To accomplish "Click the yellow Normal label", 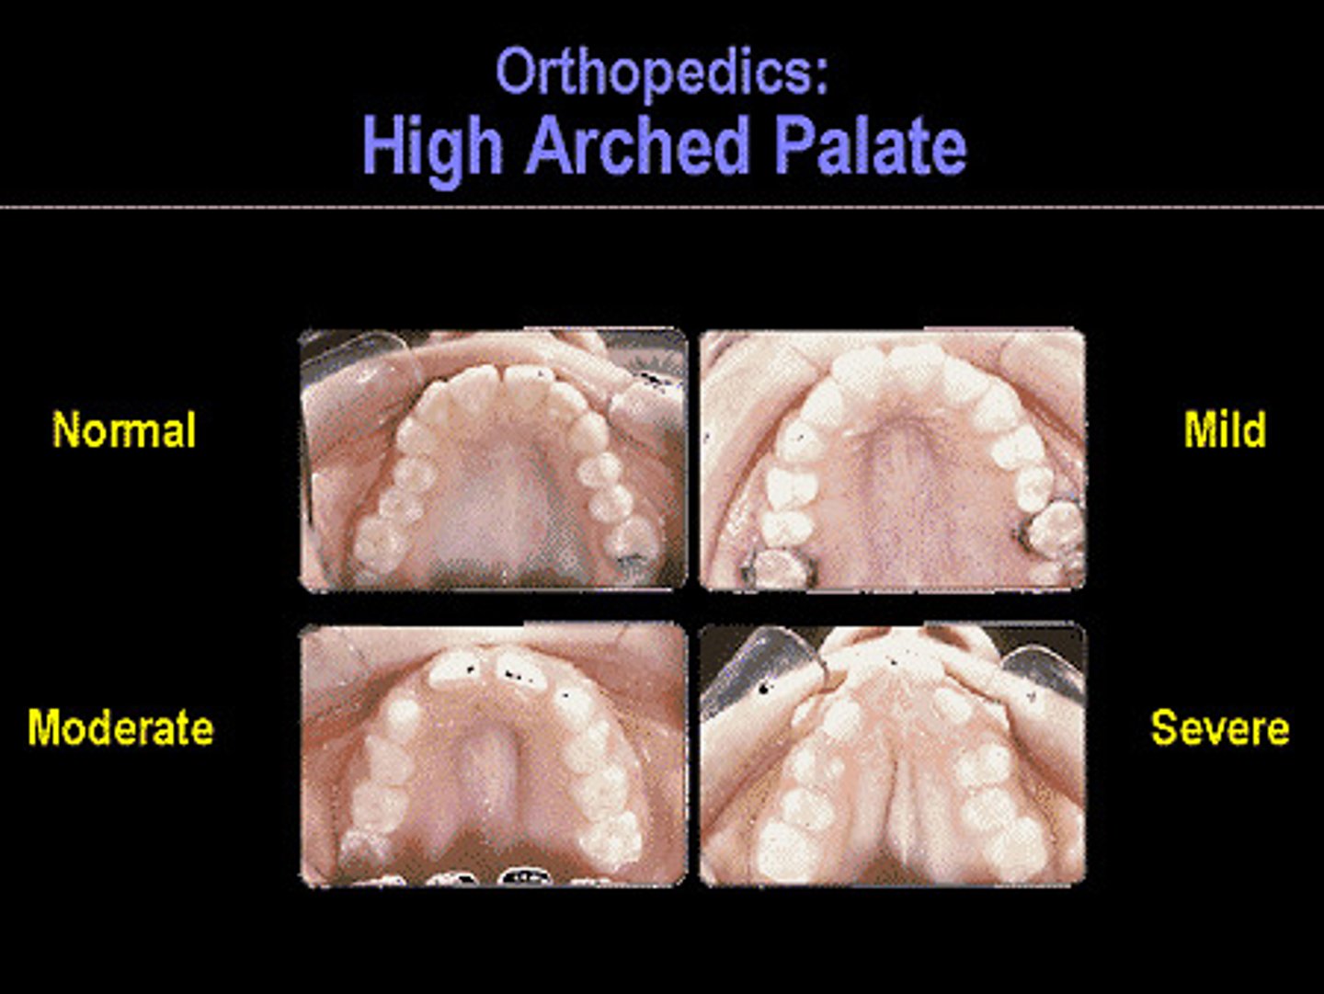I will pos(124,430).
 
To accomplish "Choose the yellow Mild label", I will pos(1225,430).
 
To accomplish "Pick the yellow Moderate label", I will pos(120,728).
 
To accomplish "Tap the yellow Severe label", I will pos(1220,728).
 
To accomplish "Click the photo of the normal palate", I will pos(494,460).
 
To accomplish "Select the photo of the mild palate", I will pos(893,460).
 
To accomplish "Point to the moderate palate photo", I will pos(494,756).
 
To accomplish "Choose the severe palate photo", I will pos(893,756).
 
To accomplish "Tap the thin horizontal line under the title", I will pos(662,207).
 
